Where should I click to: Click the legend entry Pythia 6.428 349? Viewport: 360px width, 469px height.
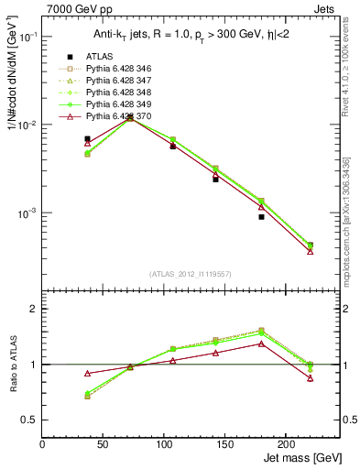(110, 104)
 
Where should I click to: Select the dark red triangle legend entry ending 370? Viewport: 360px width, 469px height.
(110, 116)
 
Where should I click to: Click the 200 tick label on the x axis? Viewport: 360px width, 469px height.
(285, 443)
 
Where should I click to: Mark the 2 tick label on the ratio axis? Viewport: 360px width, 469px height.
(34, 309)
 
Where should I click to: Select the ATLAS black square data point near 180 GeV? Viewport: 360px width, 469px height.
(261, 217)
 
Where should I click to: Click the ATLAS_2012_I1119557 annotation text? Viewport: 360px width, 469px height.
(191, 274)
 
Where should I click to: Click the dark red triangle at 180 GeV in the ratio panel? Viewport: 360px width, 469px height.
(261, 344)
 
